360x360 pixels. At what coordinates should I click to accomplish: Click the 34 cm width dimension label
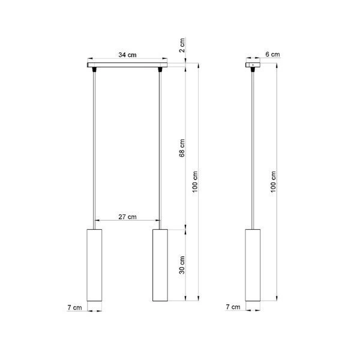coord(127,55)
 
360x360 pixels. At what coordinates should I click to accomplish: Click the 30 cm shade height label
coord(183,264)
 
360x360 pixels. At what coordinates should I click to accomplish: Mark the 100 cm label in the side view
coord(274,181)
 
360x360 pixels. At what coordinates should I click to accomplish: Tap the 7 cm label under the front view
coord(75,307)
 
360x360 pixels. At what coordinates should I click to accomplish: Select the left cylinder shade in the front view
coord(95,264)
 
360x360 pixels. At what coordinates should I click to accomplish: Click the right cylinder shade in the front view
coord(160,264)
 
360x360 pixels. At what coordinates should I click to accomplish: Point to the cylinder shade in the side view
coord(253,264)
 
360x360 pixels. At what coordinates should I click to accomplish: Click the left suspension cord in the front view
coord(95,150)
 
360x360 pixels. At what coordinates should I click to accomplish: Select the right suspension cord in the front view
coord(160,150)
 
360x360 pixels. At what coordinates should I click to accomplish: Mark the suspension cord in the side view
coord(253,150)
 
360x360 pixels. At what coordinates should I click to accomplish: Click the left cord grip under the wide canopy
coord(95,71)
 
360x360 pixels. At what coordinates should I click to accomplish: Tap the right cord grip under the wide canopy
coord(160,71)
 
